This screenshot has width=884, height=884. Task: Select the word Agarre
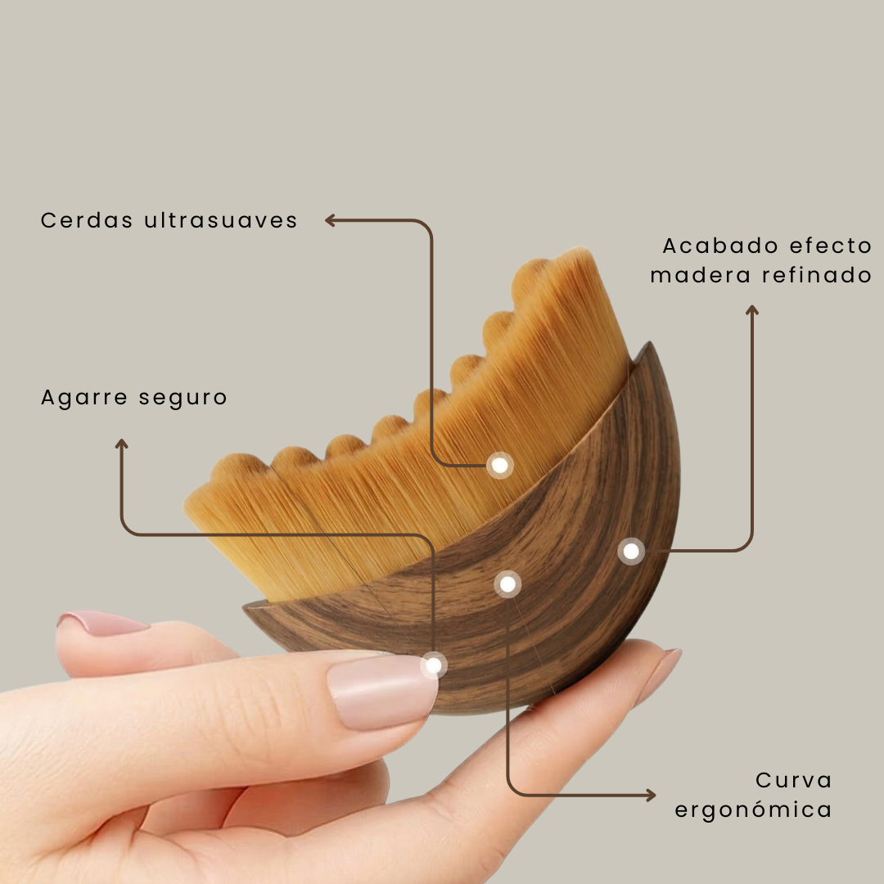click(x=85, y=398)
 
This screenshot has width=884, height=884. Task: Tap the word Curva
click(x=793, y=780)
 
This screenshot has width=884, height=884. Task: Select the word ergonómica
click(x=753, y=810)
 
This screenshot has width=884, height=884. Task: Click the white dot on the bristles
click(x=499, y=465)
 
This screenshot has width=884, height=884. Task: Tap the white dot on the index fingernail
click(x=433, y=665)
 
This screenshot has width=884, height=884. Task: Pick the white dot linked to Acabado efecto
click(x=631, y=551)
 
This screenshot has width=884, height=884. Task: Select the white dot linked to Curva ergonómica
click(x=507, y=584)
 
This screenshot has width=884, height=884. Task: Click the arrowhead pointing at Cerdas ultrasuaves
click(x=331, y=219)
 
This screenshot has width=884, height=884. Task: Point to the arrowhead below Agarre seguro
click(x=122, y=444)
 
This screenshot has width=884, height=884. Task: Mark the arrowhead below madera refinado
click(x=752, y=310)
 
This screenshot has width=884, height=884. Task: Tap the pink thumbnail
click(x=101, y=623)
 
